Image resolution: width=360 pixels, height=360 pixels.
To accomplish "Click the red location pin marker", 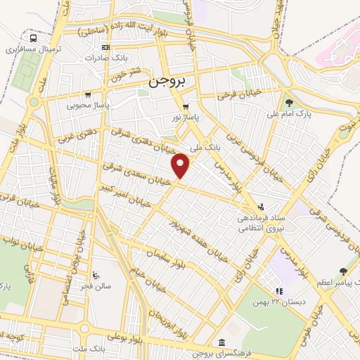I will (x=181, y=165).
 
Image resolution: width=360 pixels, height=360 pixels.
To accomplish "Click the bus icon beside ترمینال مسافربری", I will (x=33, y=39).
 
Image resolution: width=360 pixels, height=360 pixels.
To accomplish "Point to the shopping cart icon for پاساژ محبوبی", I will (x=87, y=94).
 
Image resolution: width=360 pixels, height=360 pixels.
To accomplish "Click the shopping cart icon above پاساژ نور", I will (x=186, y=107).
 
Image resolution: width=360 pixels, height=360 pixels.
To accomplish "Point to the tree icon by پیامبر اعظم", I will (x=342, y=271).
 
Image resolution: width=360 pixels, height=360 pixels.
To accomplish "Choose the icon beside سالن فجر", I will (x=96, y=275).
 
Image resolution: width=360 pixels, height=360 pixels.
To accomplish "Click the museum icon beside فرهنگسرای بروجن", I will (x=222, y=342).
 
